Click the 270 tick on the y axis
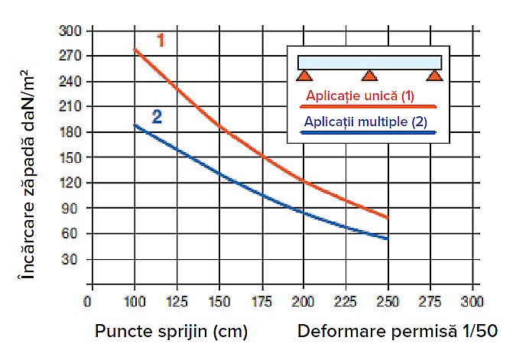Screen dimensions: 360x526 70,56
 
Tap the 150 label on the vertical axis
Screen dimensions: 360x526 70,157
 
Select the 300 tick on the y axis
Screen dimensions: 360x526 70,31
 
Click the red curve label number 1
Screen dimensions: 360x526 161,40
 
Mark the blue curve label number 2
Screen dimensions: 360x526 157,117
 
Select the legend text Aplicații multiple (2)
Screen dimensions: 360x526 365,122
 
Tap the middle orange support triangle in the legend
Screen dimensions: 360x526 369,76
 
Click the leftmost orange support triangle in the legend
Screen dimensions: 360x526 304,76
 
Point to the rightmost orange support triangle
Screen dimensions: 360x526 434,76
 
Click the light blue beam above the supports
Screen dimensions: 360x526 369,63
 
